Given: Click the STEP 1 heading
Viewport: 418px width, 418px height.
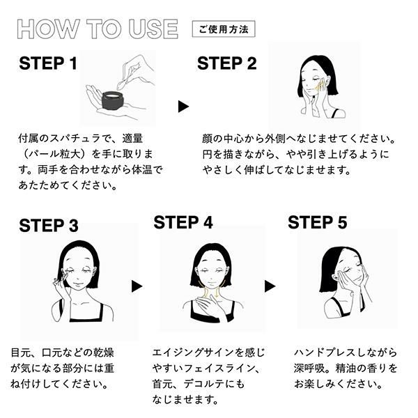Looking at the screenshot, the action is [x=48, y=63].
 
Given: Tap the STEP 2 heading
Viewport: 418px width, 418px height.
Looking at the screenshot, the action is [x=227, y=63].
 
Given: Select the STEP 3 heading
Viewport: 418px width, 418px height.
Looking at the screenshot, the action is [x=49, y=226].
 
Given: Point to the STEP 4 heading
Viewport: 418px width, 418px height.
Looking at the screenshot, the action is [x=183, y=222].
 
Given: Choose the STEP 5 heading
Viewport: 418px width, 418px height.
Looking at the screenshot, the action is [x=318, y=222].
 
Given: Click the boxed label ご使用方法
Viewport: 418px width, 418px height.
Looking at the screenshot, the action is [x=224, y=29].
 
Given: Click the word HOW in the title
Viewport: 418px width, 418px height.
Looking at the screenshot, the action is [x=49, y=29].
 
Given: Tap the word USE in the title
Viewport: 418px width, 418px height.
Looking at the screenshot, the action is [x=153, y=29].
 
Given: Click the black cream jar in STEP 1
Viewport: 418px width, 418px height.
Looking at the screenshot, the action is [x=112, y=100].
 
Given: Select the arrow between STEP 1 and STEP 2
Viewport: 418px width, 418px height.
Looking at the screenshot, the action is [x=183, y=107].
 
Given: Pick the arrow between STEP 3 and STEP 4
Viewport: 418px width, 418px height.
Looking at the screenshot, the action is [x=137, y=286].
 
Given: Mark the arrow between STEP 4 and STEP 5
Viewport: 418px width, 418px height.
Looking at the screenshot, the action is [x=270, y=286].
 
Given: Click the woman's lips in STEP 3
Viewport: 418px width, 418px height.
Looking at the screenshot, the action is [x=78, y=283].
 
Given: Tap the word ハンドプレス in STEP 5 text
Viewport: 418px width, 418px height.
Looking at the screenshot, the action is [x=325, y=353].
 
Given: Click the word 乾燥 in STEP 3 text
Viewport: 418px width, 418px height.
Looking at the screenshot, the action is [x=104, y=353].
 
